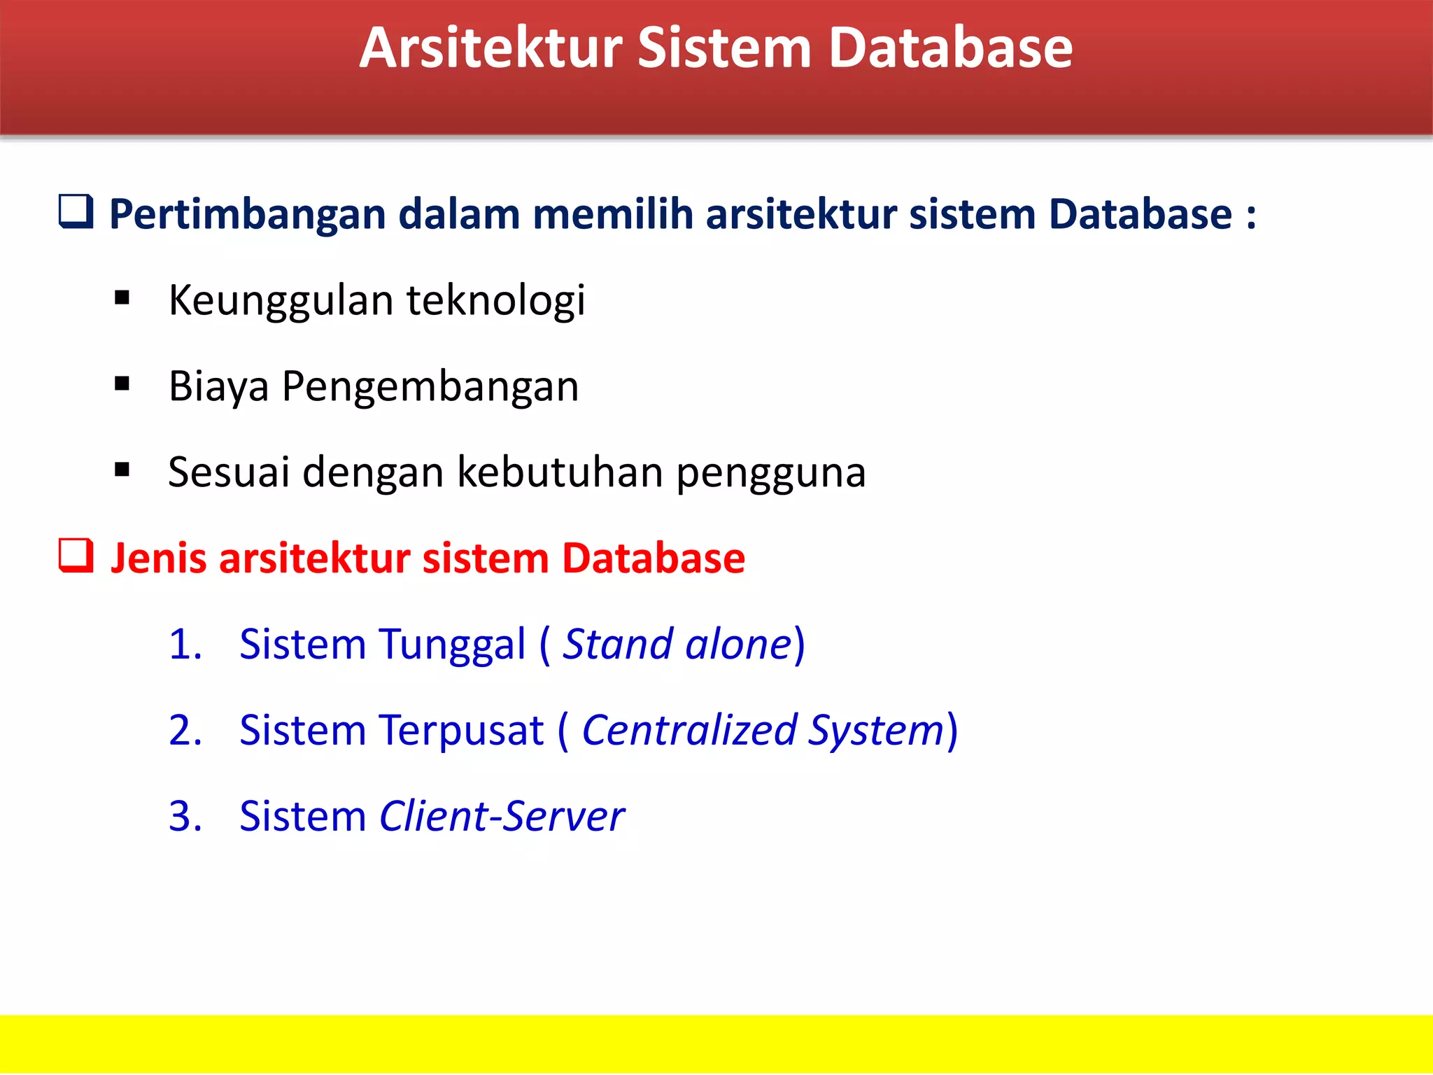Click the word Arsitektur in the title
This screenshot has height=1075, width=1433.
point(490,49)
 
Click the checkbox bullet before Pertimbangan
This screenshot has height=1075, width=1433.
point(76,211)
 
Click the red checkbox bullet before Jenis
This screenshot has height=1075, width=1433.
point(76,556)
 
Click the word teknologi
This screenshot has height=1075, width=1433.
point(495,301)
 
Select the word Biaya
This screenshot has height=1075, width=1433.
point(218,387)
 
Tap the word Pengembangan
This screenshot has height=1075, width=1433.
point(430,387)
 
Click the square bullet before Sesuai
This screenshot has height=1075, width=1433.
point(122,470)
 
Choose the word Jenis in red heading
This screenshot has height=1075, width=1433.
point(158,559)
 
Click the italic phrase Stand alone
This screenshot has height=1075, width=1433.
point(677,645)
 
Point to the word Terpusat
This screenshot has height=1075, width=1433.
point(461,731)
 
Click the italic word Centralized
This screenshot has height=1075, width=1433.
point(689,731)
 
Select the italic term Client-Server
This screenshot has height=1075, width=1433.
point(501,817)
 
